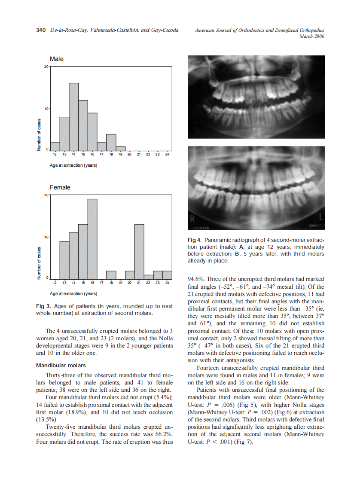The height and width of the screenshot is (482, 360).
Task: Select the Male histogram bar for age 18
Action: pyautogui.click(x=111, y=142)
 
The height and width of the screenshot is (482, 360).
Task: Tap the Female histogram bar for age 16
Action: pyautogui.click(x=92, y=239)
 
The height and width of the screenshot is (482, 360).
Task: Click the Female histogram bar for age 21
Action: pyautogui.click(x=139, y=252)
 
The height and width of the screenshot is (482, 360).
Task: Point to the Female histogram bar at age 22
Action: pyautogui.click(x=148, y=277)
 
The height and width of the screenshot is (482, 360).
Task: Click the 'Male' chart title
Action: pyautogui.click(x=57, y=59)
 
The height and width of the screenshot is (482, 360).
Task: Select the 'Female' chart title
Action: pyautogui.click(x=60, y=187)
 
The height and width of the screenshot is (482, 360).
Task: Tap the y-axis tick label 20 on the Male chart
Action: pyautogui.click(x=46, y=67)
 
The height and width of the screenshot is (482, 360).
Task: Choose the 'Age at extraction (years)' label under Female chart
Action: pyautogui.click(x=73, y=294)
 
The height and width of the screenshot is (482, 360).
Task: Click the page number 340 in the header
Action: pyautogui.click(x=41, y=30)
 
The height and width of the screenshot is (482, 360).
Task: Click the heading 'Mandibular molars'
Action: pyautogui.click(x=61, y=366)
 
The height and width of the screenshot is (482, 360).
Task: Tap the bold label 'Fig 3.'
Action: pyautogui.click(x=43, y=306)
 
